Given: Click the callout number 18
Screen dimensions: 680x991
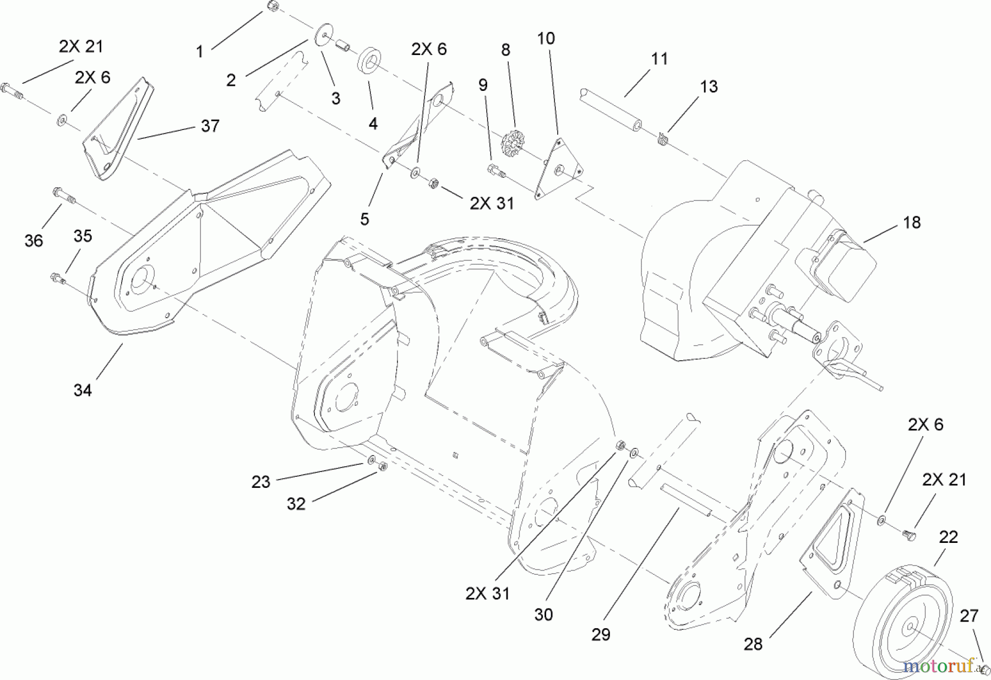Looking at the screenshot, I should (x=912, y=222).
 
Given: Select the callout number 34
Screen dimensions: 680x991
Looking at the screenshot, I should (x=83, y=390).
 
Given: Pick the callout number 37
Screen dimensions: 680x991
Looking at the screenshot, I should (x=210, y=126).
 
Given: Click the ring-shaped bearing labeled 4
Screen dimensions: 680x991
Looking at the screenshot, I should (x=368, y=60).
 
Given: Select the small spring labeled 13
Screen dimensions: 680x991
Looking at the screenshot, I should (x=663, y=139).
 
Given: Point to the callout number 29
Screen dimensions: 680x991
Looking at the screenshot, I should (x=601, y=634).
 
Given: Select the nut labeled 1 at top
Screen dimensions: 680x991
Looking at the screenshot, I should (x=272, y=6).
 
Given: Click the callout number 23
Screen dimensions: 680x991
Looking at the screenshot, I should (x=260, y=482).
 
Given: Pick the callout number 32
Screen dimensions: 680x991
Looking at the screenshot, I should (x=296, y=503).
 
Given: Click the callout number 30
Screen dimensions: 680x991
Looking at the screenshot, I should (x=543, y=614).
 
